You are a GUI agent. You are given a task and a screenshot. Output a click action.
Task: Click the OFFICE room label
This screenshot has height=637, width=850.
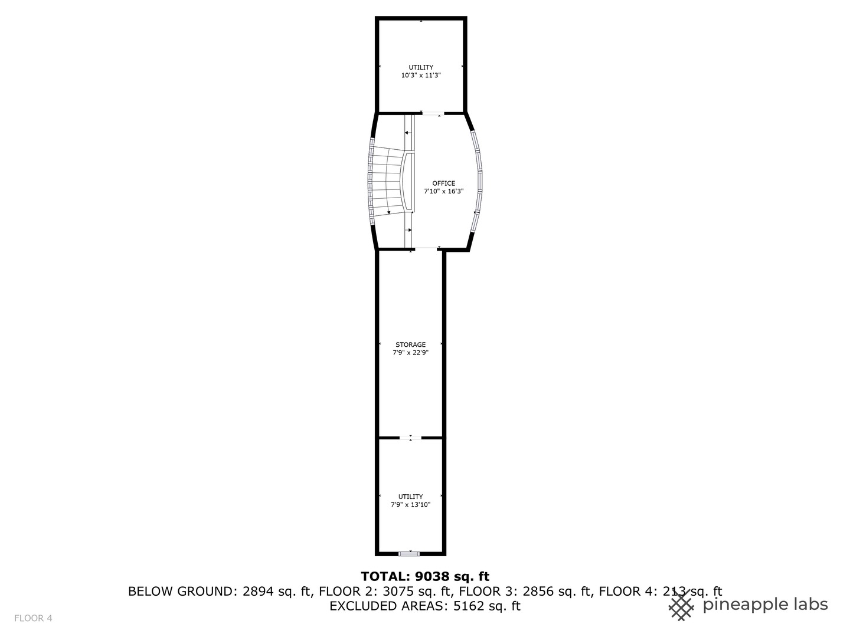coord(443,183)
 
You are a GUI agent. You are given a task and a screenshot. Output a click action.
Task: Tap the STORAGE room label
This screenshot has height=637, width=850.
coord(410,344)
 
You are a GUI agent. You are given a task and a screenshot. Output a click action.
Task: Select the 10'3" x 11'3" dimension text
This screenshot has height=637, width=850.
coord(421,75)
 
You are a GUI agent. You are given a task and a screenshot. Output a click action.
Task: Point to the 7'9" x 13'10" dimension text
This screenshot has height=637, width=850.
coord(410,505)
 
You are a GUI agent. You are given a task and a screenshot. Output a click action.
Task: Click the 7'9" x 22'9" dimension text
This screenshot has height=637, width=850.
coord(410,353)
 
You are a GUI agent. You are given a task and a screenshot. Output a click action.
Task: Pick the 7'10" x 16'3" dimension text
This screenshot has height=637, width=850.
coord(443,191)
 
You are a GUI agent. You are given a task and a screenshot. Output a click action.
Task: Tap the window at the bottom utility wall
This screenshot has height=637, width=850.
coord(409,553)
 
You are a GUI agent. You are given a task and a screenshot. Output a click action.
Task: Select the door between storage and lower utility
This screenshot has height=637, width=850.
coord(411,438)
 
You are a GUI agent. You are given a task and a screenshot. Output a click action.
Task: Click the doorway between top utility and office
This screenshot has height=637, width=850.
coord(432,113)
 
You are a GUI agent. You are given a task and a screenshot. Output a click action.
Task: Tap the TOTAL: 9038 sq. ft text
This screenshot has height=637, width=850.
coord(425,576)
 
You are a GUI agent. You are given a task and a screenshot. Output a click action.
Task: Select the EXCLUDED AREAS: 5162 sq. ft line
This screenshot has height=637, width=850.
coord(425,606)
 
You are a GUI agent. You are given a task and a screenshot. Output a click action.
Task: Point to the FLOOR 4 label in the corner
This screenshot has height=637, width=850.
coord(34,618)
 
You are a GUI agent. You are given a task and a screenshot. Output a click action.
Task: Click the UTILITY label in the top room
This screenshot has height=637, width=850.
coord(421,67)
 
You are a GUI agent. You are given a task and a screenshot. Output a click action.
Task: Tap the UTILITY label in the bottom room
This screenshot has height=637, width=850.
coord(410,497)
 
